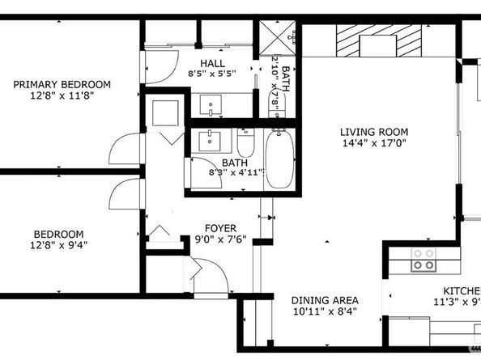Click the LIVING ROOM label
pos(373,132)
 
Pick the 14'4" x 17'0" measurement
pos(373,144)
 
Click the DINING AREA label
pos(325,300)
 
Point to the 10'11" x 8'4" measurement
pos(325,311)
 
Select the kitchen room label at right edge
pos(461,291)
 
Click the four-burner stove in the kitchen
pos(423,259)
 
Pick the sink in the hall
pos(212,104)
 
